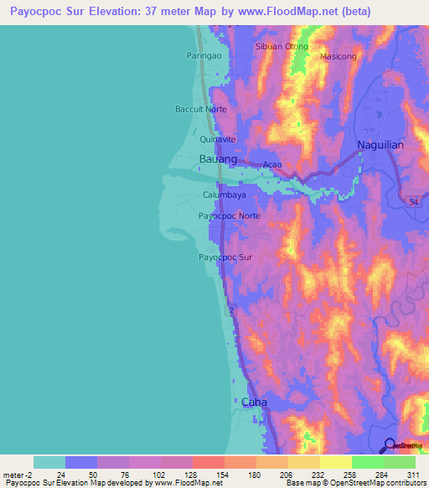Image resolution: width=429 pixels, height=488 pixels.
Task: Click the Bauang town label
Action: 216,158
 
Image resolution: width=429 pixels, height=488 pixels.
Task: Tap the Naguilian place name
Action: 380,144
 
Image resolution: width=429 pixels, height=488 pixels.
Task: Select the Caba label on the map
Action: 254,402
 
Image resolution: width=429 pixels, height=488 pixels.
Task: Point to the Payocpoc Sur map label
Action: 225,257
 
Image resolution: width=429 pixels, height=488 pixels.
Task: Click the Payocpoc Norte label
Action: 230,215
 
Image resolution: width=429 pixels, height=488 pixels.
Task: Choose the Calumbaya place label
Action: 224,195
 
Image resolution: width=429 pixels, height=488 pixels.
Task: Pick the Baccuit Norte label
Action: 200,109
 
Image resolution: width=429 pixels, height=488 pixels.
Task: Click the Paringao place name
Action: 202,56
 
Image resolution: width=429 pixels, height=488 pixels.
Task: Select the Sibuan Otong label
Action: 282,46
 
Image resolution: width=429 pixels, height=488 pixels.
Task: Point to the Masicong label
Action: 339,56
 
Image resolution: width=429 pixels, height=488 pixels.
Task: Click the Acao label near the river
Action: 272,164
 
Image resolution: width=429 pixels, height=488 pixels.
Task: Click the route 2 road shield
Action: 230,311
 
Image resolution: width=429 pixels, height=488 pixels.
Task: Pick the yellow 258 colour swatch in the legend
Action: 335,462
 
